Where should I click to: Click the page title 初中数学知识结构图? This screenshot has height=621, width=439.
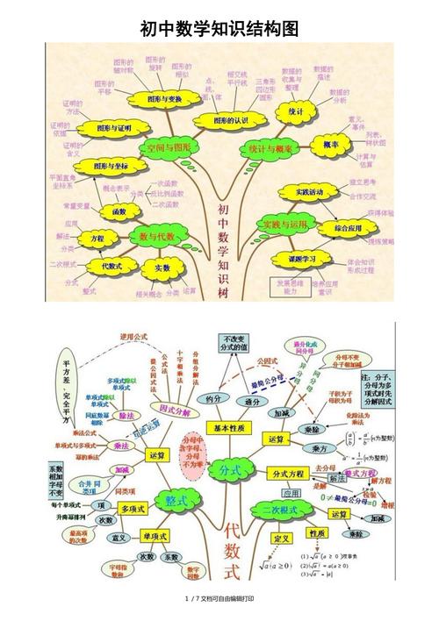coord(219,30)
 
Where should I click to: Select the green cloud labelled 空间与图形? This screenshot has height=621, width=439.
coord(168,148)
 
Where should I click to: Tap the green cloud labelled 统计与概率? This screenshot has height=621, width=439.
coord(271,148)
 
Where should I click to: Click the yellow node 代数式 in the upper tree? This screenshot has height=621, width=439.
coord(112,265)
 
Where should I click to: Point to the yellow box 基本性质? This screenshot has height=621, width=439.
coord(232,427)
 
